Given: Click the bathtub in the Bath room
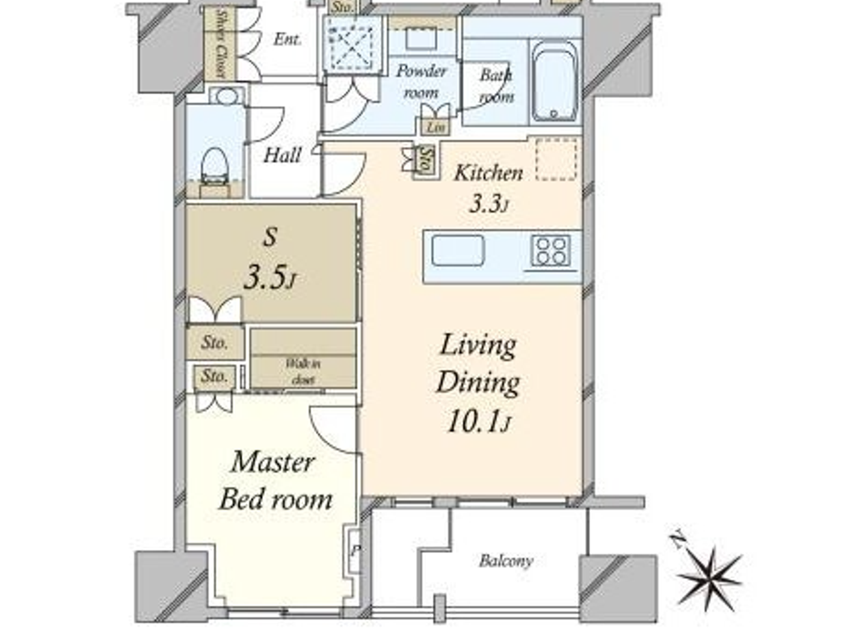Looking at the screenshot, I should click(x=555, y=82).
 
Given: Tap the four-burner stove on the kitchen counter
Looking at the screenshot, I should click(x=550, y=251).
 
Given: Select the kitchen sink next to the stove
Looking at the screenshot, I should click(x=458, y=250).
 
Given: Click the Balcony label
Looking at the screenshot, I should click(x=506, y=561).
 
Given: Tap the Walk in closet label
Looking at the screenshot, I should click(x=303, y=371).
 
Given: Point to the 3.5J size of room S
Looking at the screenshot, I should click(x=270, y=278).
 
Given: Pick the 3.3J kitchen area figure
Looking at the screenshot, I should click(x=488, y=204).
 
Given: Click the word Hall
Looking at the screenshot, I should click(x=282, y=155).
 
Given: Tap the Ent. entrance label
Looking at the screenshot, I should click(x=287, y=40).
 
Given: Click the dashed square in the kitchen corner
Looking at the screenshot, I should click(x=556, y=159).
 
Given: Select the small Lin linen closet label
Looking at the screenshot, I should click(x=435, y=127).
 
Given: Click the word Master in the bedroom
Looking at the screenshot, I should click(x=273, y=462).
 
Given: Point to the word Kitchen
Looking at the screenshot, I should click(x=488, y=173).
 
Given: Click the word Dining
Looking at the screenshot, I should click(x=478, y=382).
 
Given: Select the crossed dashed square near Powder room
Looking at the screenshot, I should click(x=352, y=44).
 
